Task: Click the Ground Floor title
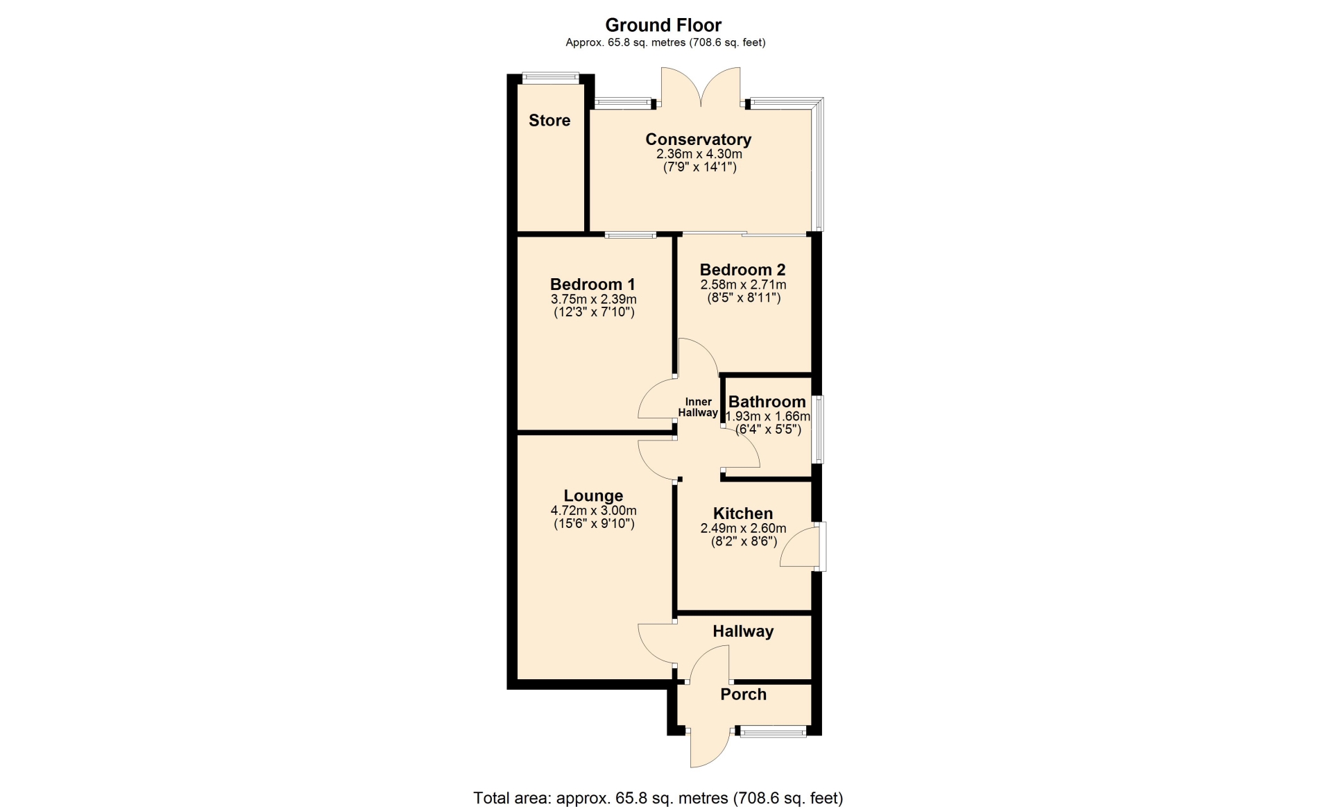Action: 663,25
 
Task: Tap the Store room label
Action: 549,120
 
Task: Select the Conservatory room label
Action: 699,139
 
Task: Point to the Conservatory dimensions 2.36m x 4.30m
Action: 699,154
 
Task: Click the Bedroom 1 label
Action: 592,284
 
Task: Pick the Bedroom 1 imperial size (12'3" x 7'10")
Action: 594,312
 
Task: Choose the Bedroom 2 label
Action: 743,270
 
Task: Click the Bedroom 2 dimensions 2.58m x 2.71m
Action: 744,285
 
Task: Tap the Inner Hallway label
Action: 698,407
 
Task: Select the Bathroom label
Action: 767,402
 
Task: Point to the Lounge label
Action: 593,496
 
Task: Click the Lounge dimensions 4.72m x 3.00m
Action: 594,511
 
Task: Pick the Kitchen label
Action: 743,513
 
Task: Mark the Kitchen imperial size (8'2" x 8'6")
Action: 744,541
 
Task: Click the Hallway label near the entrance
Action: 743,631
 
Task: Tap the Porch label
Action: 743,695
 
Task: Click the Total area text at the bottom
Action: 658,799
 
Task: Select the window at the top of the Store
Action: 551,78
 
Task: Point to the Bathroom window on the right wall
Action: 818,429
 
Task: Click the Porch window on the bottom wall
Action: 773,731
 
